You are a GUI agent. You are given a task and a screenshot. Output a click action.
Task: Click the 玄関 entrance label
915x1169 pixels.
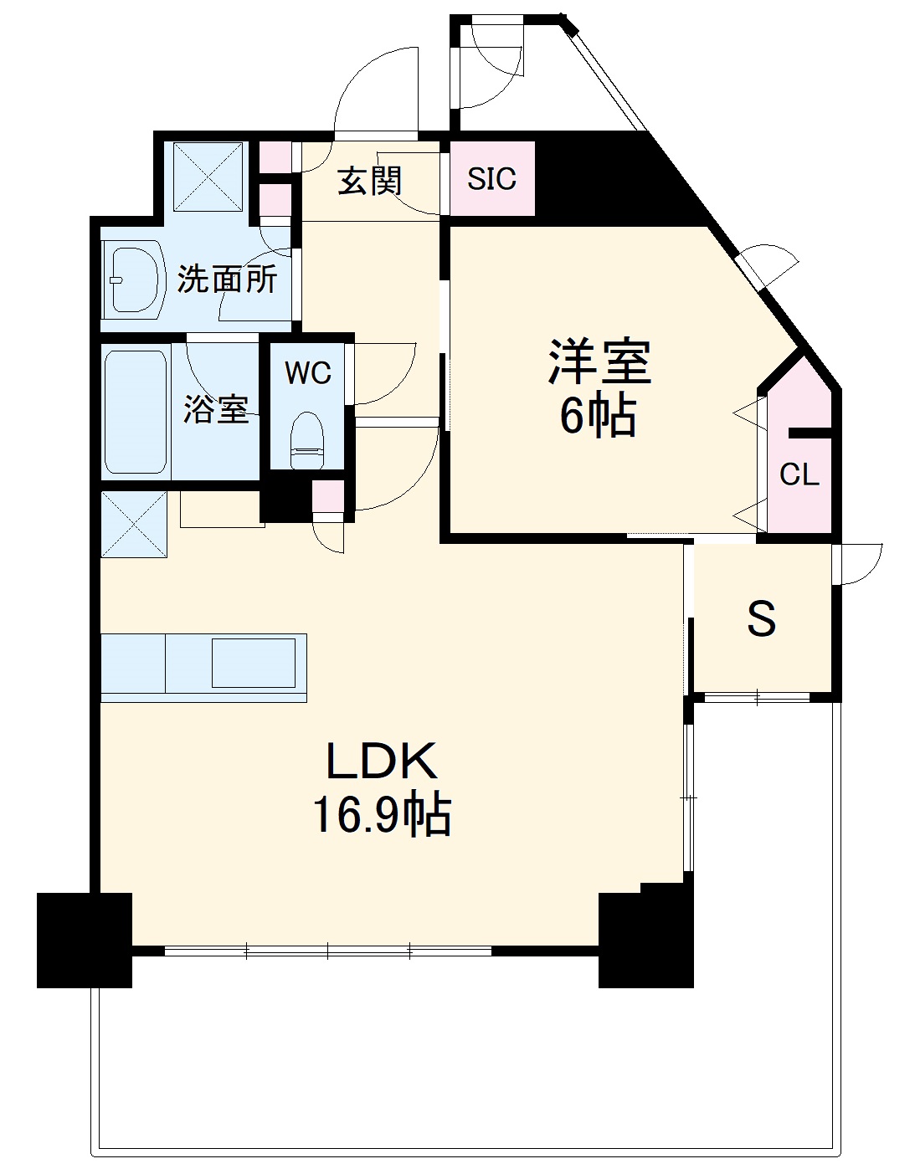(369, 181)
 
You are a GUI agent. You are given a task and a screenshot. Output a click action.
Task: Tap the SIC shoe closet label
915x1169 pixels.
(491, 179)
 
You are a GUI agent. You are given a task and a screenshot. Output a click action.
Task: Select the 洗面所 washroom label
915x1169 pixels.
(227, 279)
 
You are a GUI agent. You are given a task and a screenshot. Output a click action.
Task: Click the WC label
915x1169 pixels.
(307, 373)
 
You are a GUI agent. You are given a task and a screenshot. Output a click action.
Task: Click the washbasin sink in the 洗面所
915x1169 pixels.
(134, 278)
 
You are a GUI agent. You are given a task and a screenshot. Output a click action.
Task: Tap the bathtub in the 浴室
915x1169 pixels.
(135, 412)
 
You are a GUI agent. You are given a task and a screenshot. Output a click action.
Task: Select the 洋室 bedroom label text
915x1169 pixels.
(599, 362)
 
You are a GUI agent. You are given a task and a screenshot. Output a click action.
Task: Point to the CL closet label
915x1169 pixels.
(799, 475)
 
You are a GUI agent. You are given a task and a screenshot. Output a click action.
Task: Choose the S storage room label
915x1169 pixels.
(761, 620)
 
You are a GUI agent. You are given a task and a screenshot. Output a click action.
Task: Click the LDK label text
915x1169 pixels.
(381, 761)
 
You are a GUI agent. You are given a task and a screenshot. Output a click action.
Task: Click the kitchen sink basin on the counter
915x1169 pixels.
(253, 663)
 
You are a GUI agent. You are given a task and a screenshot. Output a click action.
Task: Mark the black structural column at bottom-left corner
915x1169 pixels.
(84, 940)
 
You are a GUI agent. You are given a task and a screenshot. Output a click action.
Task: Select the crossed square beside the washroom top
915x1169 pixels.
(208, 177)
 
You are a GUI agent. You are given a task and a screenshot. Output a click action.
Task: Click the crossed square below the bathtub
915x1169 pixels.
(134, 524)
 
